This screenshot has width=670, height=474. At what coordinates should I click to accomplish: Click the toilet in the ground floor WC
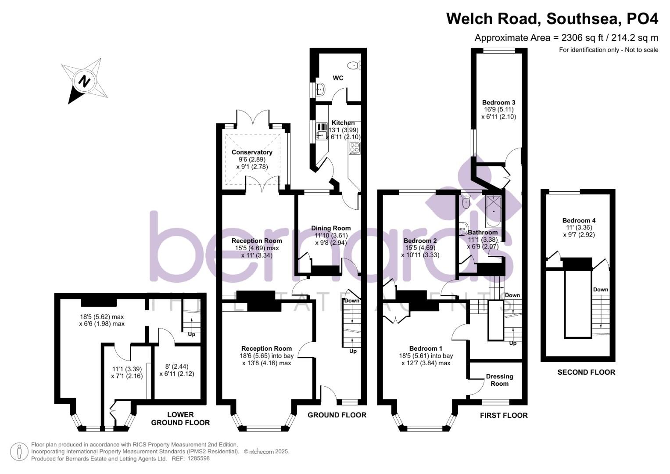(x=355, y=65)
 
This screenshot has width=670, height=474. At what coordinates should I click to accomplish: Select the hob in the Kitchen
(x=355, y=148)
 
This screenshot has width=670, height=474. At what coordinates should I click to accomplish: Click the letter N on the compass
(x=85, y=81)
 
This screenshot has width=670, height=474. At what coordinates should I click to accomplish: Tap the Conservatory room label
(x=252, y=152)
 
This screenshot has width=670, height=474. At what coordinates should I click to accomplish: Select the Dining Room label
(x=331, y=228)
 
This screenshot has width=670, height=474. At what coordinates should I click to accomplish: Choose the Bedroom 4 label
(x=579, y=220)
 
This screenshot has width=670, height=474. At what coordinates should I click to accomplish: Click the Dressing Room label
(x=499, y=380)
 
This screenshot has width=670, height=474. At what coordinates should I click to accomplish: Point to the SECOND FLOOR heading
(x=586, y=372)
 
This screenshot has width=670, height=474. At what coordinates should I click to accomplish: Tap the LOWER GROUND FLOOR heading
(x=180, y=418)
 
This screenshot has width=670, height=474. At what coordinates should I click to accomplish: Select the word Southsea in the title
(x=582, y=18)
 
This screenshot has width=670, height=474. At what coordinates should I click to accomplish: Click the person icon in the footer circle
(x=19, y=452)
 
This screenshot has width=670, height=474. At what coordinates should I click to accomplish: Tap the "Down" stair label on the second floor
(x=601, y=289)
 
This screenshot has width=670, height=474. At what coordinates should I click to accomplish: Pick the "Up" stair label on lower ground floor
(x=191, y=334)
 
